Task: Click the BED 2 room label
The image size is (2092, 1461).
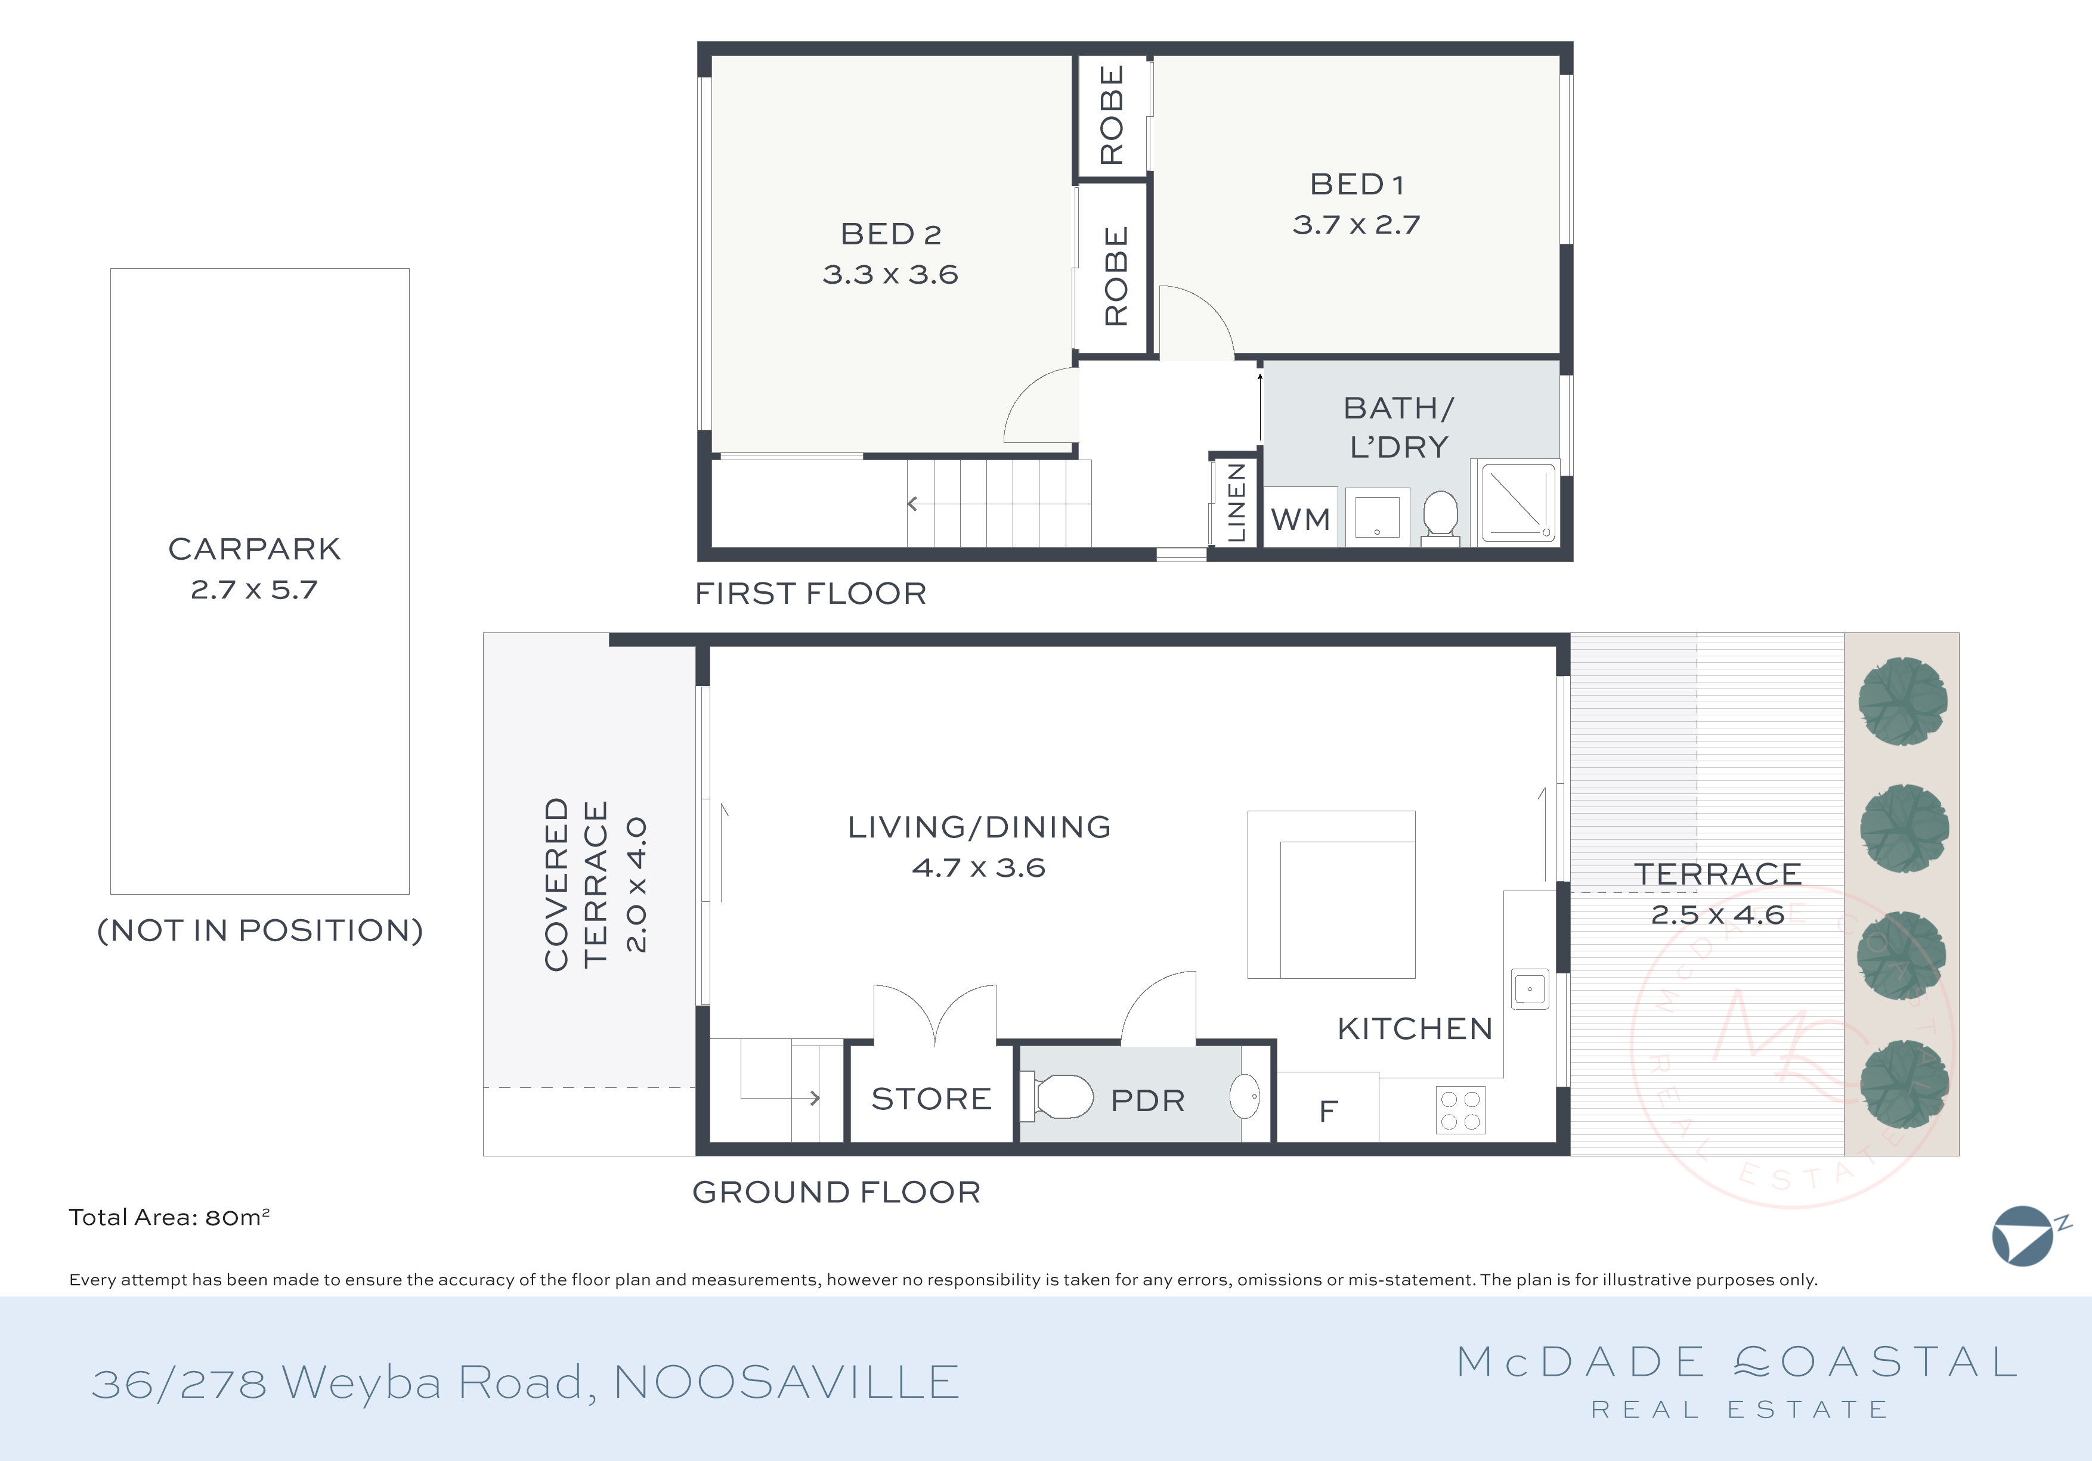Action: (x=890, y=234)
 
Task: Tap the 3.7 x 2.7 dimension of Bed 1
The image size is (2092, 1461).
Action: (x=1356, y=225)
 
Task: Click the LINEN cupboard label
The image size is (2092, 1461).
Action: (x=1236, y=502)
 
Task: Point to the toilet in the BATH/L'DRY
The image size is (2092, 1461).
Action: (x=1440, y=516)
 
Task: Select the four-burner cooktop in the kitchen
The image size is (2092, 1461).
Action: (x=1460, y=1111)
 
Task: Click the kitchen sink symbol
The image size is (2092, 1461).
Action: (x=1530, y=988)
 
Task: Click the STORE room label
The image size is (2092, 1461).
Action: (x=931, y=1099)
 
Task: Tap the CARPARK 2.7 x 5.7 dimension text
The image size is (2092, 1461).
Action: (x=254, y=590)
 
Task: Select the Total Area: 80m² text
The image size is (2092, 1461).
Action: (x=169, y=1218)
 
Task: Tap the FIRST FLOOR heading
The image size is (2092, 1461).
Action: (x=810, y=594)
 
